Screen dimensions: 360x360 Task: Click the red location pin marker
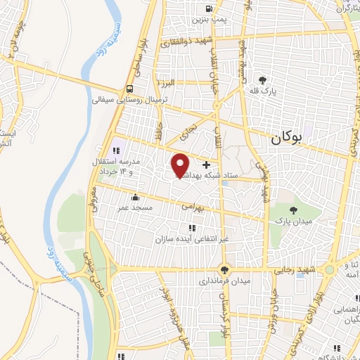(180, 165)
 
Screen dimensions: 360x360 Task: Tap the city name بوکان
(289, 139)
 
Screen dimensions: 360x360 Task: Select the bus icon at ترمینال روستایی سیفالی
(130, 89)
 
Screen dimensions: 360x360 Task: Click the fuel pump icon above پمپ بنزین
(209, 9)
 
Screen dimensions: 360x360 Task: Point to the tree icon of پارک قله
(263, 80)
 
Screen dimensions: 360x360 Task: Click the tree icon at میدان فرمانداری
(224, 269)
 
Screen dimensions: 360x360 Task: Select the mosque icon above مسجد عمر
(135, 198)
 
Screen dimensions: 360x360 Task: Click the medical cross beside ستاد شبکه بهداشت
(205, 164)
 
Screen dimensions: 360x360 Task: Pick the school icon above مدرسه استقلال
(117, 150)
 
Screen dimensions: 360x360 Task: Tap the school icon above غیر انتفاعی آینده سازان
(192, 227)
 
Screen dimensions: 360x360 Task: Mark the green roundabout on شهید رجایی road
(224, 269)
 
